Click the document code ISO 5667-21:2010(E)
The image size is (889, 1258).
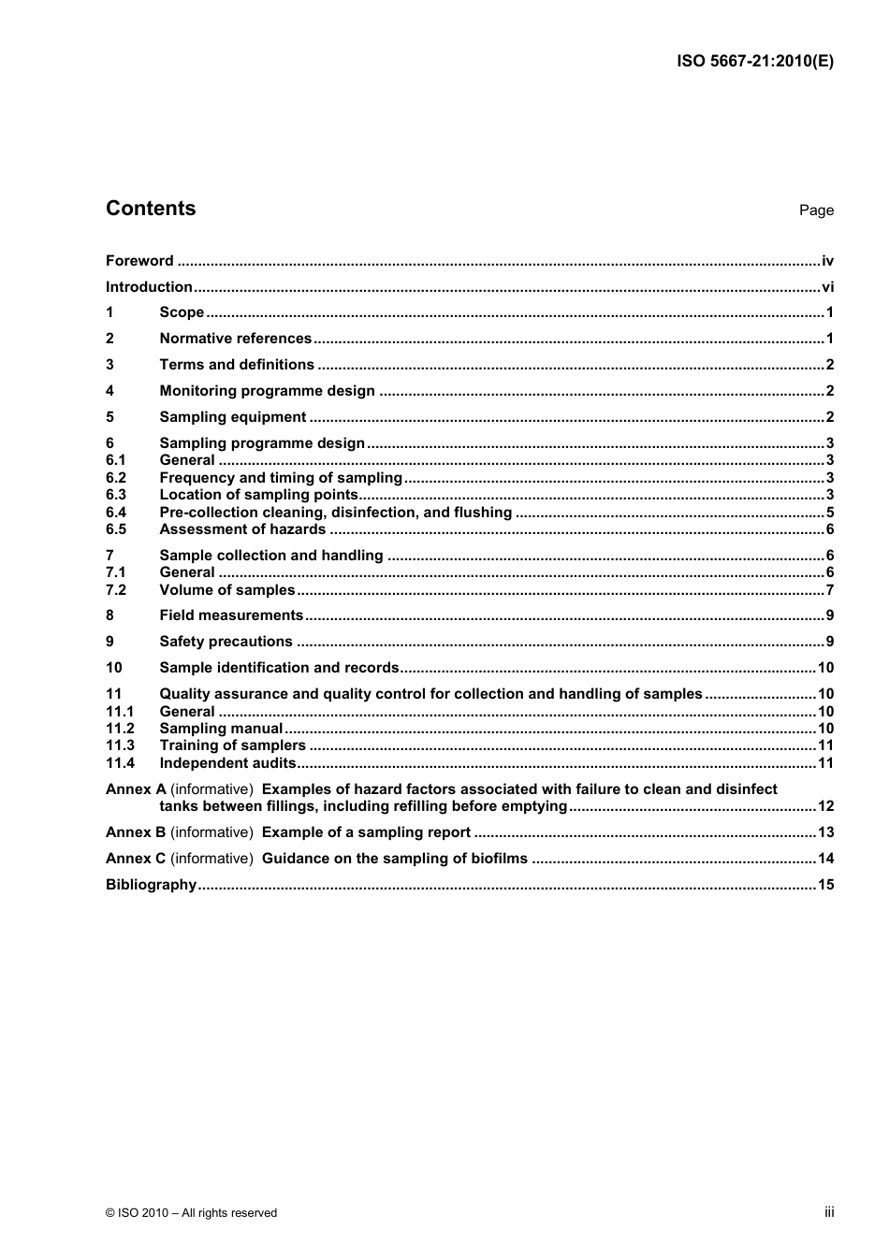(x=754, y=62)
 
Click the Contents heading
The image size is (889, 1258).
(x=151, y=209)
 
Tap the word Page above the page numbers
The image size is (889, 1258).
(x=816, y=210)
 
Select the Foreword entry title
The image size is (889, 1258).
(x=139, y=261)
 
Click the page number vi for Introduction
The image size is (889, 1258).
(x=827, y=287)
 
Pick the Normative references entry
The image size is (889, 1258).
(x=235, y=339)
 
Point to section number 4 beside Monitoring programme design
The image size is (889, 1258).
(x=109, y=391)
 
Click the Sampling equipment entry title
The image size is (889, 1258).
(x=232, y=417)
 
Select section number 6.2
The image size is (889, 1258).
(x=115, y=478)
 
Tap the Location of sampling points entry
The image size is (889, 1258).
(x=258, y=495)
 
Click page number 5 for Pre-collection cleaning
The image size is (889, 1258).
(x=829, y=513)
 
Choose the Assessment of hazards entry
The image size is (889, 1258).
(x=242, y=529)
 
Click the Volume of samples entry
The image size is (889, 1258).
(x=227, y=590)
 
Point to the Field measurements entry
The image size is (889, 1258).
(x=231, y=615)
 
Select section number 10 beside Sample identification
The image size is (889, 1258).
(x=113, y=668)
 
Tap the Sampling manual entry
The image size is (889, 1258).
(x=221, y=729)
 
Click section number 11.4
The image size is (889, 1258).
(x=120, y=763)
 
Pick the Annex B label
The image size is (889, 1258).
(x=136, y=832)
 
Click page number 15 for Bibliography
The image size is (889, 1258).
(x=825, y=885)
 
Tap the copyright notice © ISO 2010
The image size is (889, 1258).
(x=191, y=1213)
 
